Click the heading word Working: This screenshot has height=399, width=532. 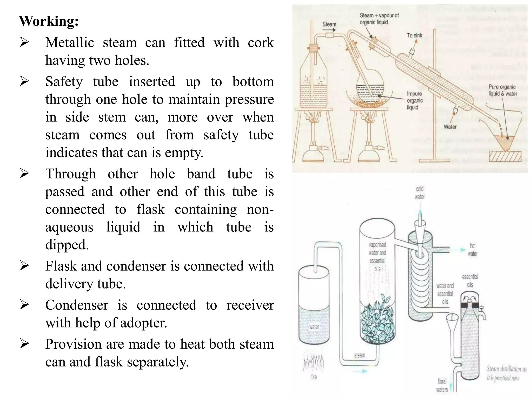(x=49, y=21)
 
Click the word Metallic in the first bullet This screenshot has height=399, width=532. (x=70, y=42)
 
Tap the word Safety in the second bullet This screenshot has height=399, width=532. (x=64, y=82)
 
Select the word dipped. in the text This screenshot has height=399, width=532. (x=67, y=245)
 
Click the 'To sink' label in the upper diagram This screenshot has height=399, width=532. (x=414, y=35)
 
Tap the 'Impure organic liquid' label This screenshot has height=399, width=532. (x=415, y=101)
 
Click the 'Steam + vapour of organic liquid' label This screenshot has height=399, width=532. (x=379, y=19)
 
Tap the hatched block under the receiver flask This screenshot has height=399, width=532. (x=505, y=156)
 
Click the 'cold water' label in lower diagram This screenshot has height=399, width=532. (x=420, y=193)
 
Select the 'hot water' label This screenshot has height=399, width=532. (x=473, y=250)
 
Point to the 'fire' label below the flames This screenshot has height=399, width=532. (x=314, y=377)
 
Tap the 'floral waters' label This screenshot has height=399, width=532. (x=442, y=385)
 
